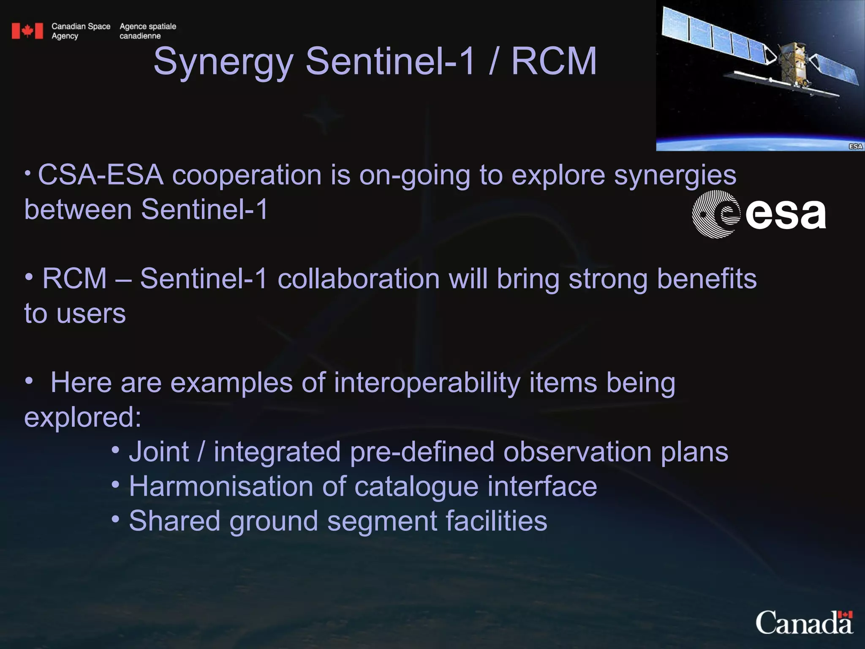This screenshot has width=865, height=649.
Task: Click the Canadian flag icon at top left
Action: [x=27, y=31]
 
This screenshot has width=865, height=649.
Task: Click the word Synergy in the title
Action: [x=223, y=62]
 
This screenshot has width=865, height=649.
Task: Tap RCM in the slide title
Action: [x=554, y=62]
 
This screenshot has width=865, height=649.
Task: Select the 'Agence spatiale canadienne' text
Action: [x=147, y=31]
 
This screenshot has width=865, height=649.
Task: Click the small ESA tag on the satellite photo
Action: [x=855, y=146]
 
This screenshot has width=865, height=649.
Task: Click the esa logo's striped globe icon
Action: [x=715, y=214]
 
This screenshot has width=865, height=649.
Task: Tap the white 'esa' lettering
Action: [x=785, y=215]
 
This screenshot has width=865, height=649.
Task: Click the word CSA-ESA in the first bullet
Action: [x=101, y=175]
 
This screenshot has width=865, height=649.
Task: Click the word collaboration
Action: [x=359, y=279]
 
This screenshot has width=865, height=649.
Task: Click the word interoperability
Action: [x=427, y=383]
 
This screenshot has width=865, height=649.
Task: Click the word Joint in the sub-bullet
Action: [x=159, y=452]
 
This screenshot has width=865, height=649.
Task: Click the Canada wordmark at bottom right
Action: [x=804, y=622]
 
